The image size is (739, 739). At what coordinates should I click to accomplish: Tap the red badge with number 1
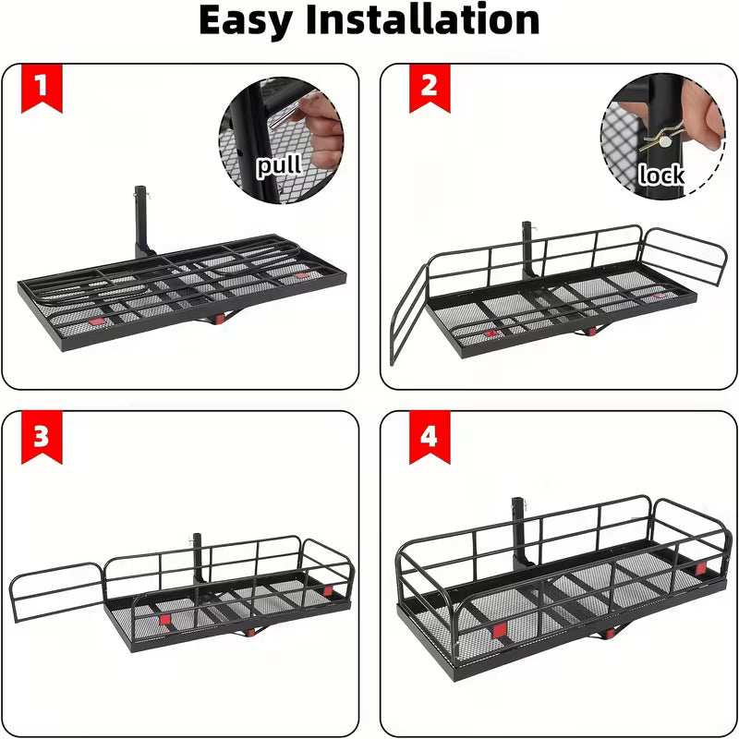click(x=41, y=88)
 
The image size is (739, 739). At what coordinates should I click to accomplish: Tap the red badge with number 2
click(x=428, y=88)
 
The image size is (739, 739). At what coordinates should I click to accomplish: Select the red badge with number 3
click(x=41, y=436)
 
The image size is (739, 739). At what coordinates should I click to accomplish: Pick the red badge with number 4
click(x=428, y=436)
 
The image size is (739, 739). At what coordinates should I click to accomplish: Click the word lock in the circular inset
click(x=661, y=174)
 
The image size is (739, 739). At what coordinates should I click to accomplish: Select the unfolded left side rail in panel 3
click(x=56, y=591)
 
